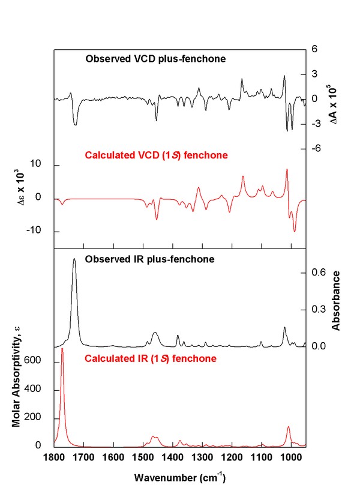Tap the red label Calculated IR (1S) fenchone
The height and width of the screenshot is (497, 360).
click(x=150, y=359)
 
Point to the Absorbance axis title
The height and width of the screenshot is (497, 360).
click(x=337, y=301)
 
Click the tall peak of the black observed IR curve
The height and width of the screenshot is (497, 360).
click(x=74, y=259)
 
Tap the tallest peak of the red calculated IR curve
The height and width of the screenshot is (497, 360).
click(x=62, y=349)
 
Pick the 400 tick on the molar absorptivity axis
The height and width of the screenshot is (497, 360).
click(x=40, y=390)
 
